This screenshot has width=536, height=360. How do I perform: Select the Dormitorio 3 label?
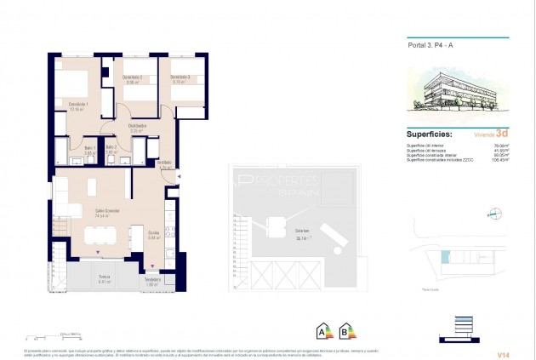tap(180, 79)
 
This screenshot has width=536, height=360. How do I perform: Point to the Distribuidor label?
tap(139, 128)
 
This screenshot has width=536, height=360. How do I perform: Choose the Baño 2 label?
tap(111, 148)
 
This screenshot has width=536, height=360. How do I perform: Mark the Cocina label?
tap(154, 235)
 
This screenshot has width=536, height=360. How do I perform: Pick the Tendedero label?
tap(153, 281)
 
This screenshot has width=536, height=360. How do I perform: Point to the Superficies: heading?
tap(428, 134)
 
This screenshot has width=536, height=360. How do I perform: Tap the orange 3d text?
tap(502, 134)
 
